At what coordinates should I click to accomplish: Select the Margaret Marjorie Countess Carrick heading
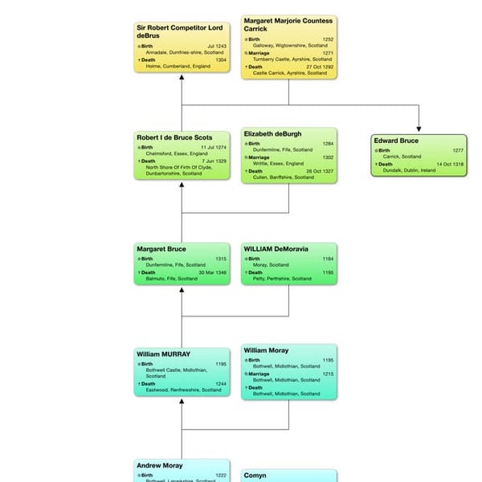287,25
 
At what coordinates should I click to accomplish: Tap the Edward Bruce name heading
396,141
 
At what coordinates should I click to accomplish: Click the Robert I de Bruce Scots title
174,137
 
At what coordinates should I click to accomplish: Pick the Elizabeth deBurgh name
273,134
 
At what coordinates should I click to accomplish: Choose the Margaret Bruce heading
161,249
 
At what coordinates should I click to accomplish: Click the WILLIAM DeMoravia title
276,249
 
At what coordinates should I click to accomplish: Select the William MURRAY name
163,354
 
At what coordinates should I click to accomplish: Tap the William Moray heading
266,351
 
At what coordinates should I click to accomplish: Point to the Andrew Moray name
159,465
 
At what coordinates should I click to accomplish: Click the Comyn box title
255,476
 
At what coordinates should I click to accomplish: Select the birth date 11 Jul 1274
214,148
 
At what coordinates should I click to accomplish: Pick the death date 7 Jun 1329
214,161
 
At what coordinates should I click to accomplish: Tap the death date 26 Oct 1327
321,171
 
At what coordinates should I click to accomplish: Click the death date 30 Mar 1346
214,272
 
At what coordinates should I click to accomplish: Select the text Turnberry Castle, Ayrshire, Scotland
292,59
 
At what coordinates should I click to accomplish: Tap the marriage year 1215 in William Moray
328,374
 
